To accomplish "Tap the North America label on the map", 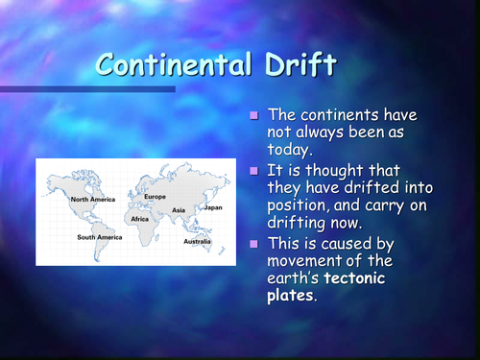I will tap(92, 200).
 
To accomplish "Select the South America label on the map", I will tap(100, 236).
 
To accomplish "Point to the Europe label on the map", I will tap(156, 197).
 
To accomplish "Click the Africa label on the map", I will tap(141, 218).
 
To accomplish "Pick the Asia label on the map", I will tap(179, 209).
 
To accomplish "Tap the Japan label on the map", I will tap(213, 206).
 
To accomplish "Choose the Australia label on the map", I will tap(199, 241).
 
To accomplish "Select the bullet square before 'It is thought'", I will tap(254, 170).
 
